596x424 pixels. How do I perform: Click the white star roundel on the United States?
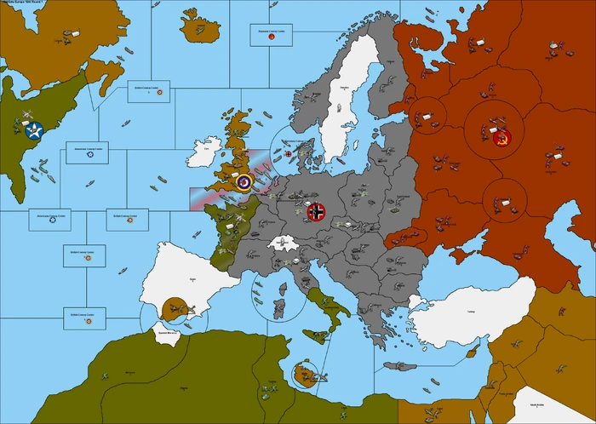[x=34, y=131]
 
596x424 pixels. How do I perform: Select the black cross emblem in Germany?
[x=317, y=209]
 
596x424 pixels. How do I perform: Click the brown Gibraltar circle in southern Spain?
[x=175, y=307]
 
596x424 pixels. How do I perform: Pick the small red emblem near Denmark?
[x=288, y=154]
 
